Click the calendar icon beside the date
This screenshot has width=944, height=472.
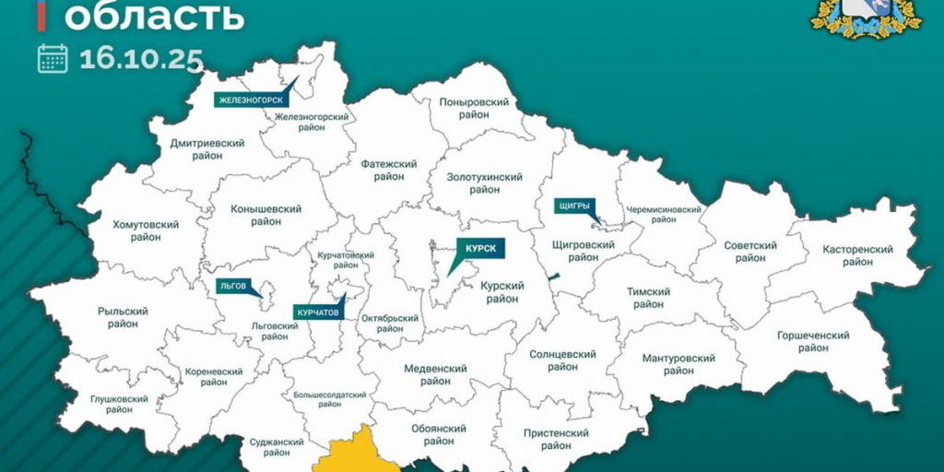tap(53, 58)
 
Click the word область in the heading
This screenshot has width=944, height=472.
tap(153, 15)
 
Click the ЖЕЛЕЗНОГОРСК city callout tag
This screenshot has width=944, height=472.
tap(249, 100)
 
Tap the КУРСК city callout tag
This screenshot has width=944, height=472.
tap(479, 249)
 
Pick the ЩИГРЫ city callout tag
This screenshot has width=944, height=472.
tap(573, 206)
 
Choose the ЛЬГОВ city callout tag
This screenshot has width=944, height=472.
tap(232, 286)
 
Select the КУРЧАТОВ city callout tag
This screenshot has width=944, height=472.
tap(318, 313)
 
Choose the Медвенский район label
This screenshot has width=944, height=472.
tap(435, 374)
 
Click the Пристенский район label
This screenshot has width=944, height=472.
tap(555, 439)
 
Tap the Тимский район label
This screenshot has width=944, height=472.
tap(648, 298)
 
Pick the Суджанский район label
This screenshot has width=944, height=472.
tap(276, 447)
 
